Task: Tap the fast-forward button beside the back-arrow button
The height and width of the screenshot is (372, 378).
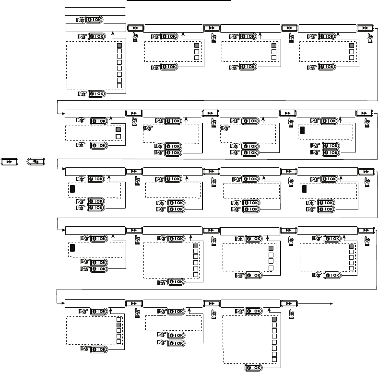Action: pos(10,162)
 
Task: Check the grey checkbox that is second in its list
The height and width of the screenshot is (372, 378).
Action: pos(119,325)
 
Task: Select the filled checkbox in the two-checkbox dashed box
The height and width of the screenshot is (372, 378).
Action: pos(118,129)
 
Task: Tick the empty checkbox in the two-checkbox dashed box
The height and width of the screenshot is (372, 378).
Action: pos(118,137)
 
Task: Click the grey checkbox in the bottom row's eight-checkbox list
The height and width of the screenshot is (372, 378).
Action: pos(274,319)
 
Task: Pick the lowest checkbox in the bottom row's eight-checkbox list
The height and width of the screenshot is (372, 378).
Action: pos(274,359)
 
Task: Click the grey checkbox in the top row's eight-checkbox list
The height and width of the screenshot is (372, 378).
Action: pos(119,45)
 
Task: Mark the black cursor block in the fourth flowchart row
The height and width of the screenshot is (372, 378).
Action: pos(72,248)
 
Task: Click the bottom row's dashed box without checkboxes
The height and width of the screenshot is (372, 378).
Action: pos(171,325)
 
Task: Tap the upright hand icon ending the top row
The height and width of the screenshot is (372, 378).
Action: pos(368,36)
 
